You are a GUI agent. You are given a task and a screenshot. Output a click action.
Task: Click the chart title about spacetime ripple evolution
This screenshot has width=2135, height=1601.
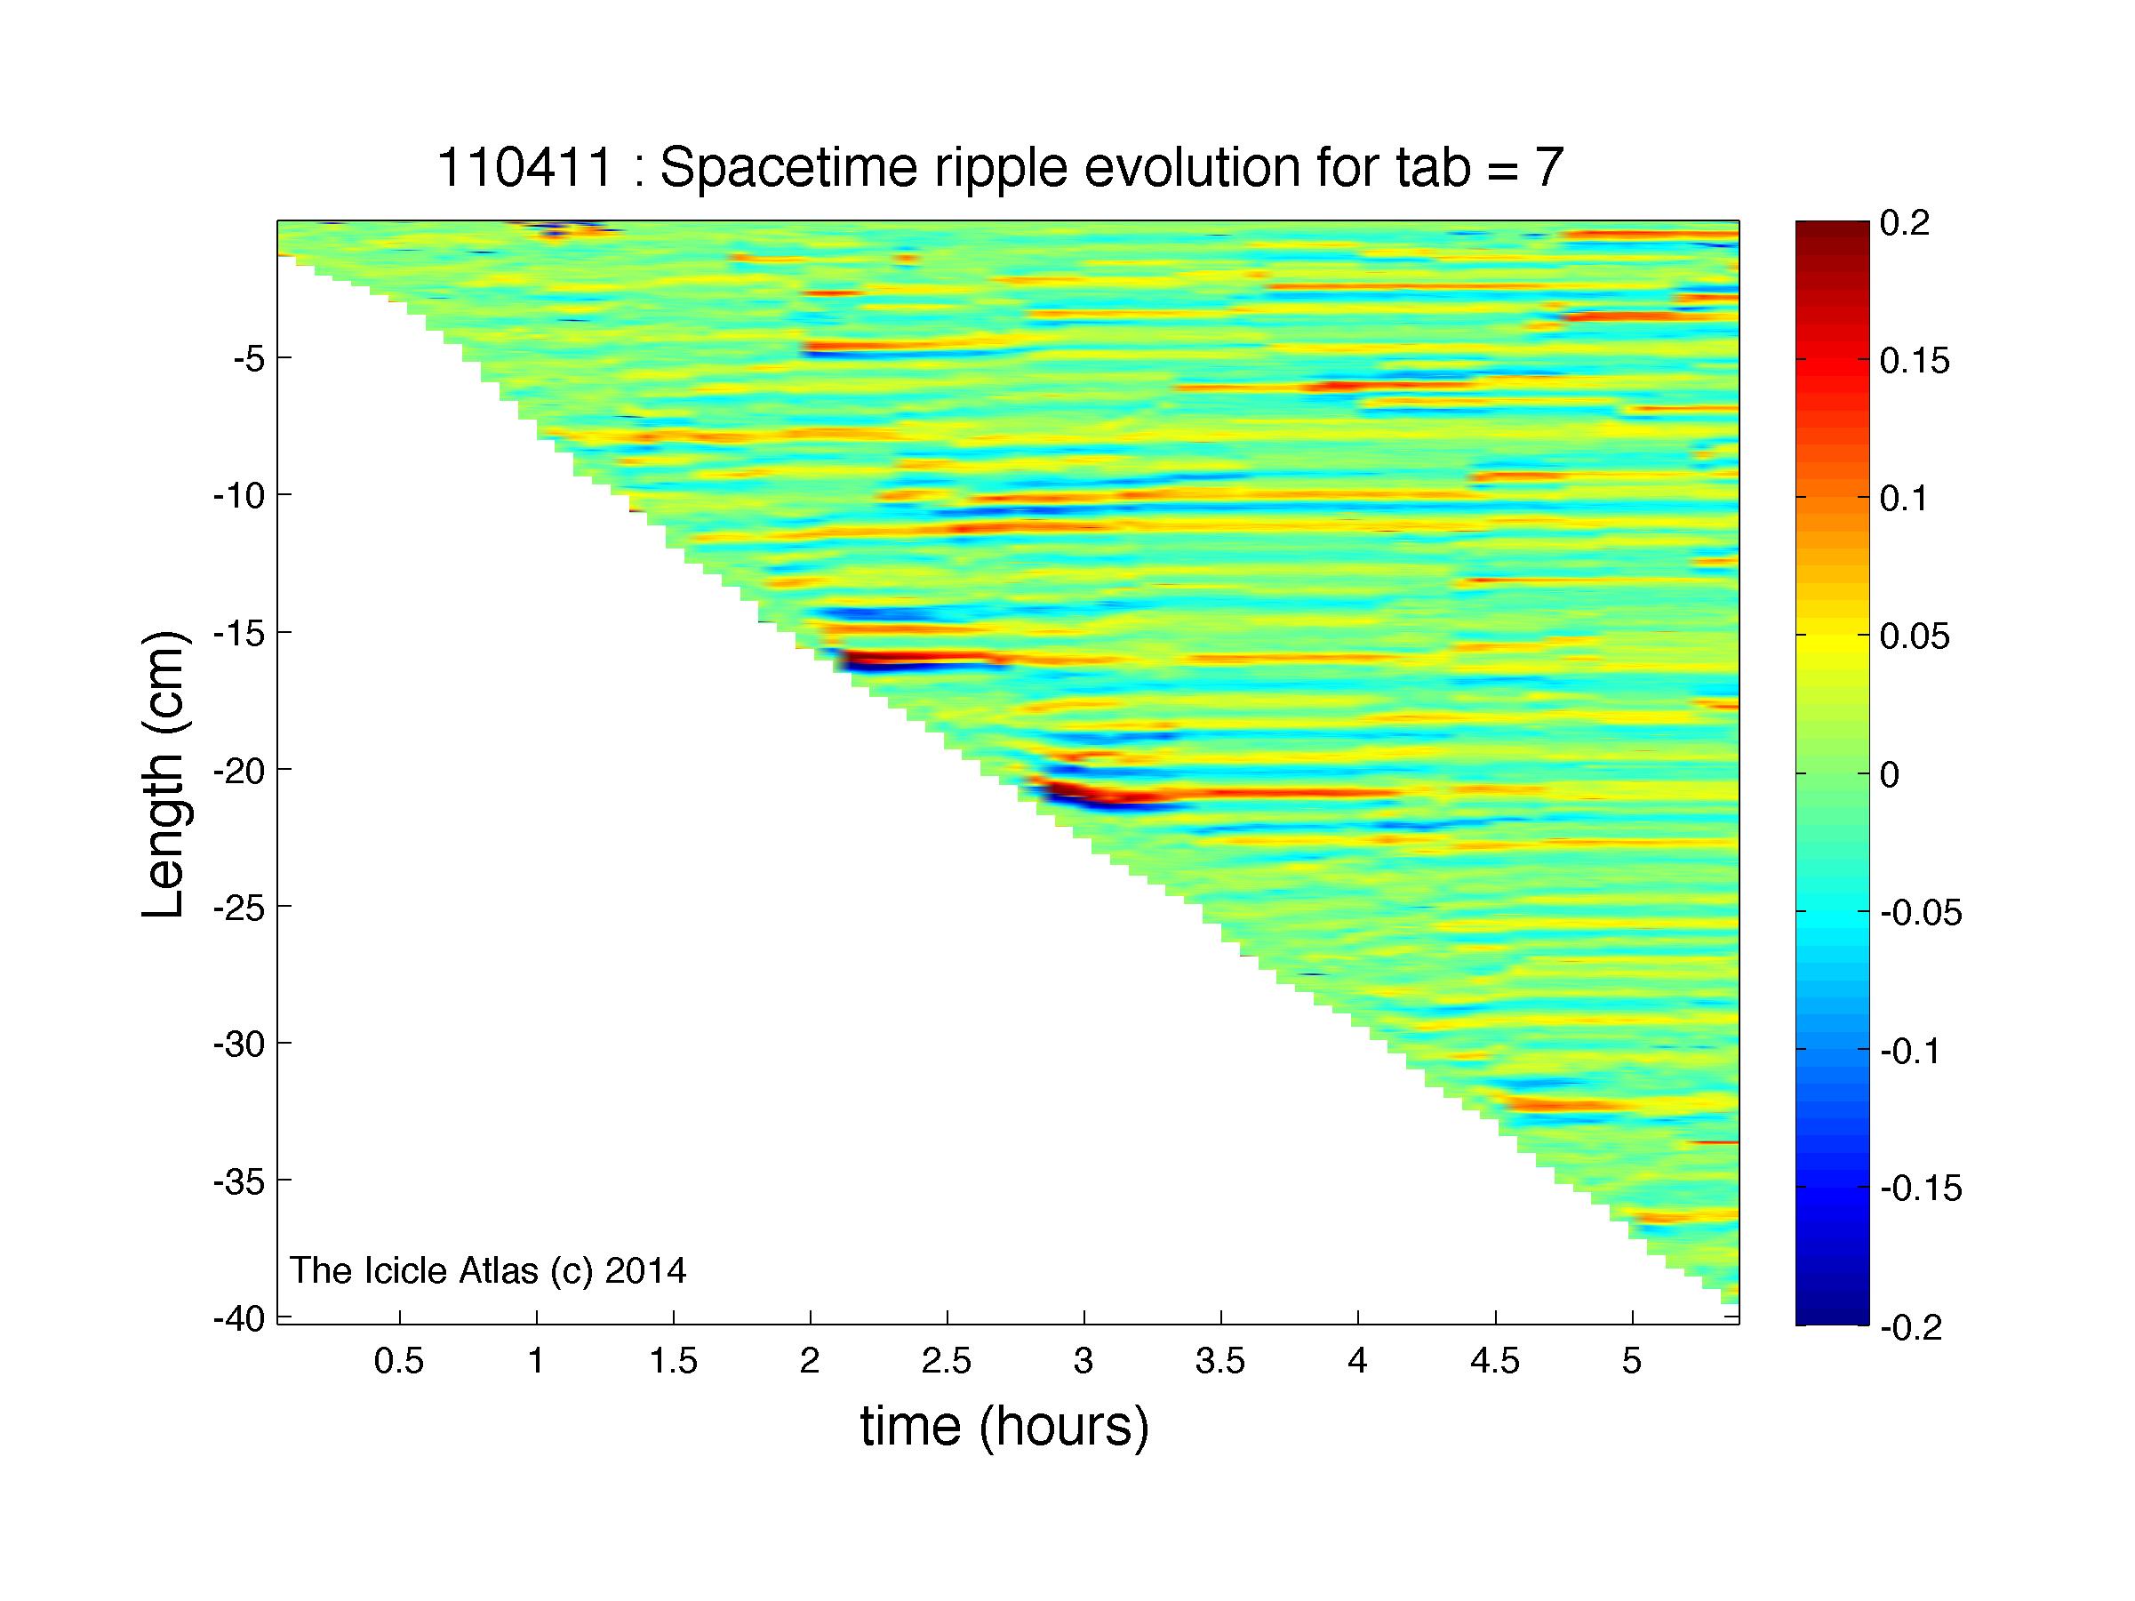1000,168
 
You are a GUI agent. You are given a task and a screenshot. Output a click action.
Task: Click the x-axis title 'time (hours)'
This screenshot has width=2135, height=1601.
1004,1428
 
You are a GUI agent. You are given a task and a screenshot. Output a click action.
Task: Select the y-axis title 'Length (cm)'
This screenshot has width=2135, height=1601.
164,774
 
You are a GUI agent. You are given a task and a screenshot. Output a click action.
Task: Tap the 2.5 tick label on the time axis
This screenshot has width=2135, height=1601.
947,1361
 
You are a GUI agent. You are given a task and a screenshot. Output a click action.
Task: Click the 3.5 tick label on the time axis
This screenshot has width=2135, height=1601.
1221,1361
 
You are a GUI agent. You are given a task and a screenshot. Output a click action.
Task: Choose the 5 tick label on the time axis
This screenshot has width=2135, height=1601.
1632,1361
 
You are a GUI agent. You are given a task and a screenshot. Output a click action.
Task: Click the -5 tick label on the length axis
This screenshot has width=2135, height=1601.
248,359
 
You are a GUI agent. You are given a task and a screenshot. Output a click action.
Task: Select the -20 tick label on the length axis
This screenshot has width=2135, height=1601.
238,770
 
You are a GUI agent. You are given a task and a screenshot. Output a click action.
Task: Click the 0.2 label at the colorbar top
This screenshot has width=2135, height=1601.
1904,224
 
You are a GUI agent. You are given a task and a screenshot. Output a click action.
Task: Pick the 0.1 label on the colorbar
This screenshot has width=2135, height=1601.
1904,499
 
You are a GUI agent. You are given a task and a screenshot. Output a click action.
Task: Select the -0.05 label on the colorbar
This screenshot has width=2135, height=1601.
1921,913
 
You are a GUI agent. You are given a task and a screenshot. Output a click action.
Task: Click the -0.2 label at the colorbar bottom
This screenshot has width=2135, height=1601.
1910,1328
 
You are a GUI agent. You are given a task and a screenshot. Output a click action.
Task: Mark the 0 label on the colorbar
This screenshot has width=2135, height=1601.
1890,775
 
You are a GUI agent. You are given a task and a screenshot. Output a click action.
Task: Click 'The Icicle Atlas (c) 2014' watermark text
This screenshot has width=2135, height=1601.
488,1270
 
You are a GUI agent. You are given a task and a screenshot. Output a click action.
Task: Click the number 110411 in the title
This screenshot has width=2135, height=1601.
525,168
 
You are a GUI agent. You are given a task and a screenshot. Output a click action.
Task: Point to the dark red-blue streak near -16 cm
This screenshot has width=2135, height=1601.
917,662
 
